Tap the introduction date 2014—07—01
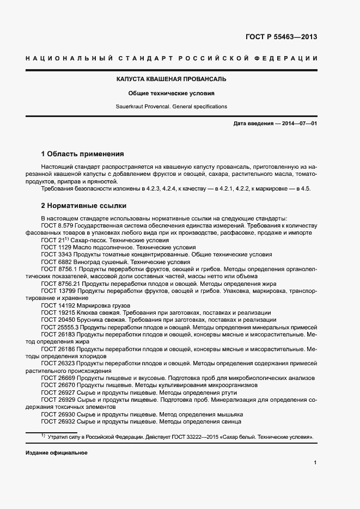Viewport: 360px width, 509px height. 300,124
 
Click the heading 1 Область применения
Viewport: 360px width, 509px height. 82,154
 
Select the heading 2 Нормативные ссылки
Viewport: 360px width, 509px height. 83,206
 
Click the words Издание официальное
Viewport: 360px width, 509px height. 56,453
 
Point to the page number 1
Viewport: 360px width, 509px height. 315,462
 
